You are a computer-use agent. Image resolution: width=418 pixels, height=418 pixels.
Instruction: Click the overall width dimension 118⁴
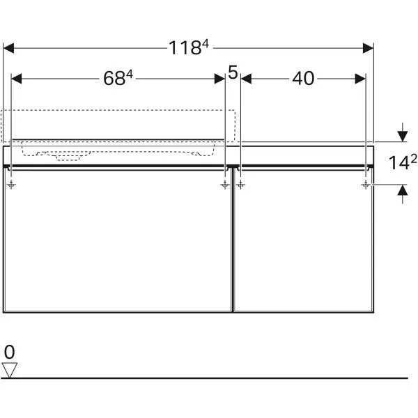(x=189, y=47)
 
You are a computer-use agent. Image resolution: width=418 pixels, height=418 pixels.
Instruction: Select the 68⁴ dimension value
(x=118, y=78)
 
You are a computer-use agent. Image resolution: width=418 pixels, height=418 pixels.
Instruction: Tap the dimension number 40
(x=303, y=78)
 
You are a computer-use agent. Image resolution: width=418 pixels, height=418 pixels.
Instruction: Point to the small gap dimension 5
(x=233, y=72)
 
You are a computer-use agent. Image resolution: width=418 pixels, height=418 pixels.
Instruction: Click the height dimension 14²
(x=402, y=162)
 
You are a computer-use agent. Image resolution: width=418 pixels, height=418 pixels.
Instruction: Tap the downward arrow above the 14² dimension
(x=402, y=133)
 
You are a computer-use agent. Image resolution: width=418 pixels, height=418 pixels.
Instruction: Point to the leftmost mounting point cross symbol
(x=12, y=185)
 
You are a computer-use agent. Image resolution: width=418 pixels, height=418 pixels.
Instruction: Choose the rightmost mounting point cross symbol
(x=366, y=185)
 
